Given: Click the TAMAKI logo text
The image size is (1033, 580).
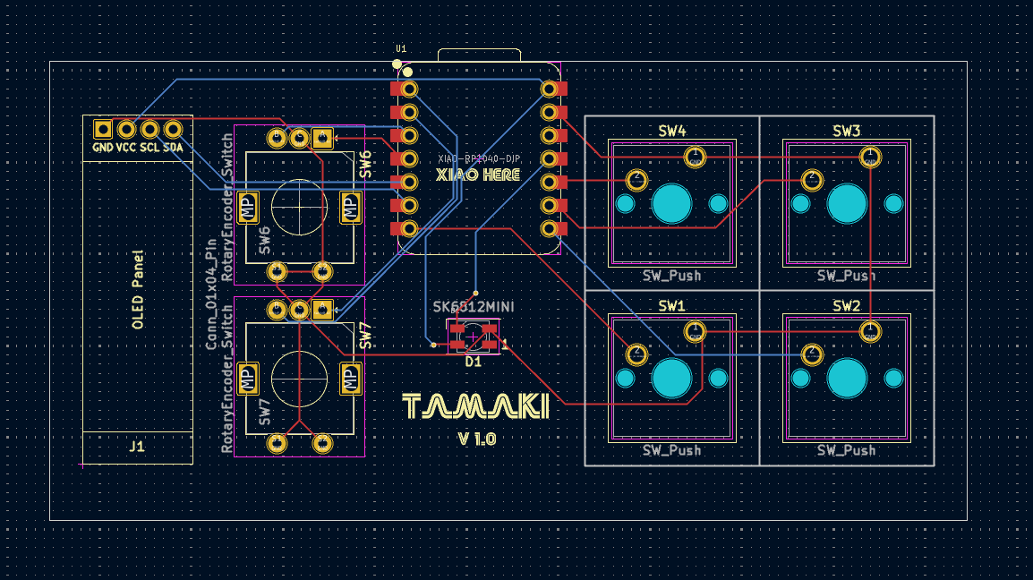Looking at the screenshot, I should (475, 407).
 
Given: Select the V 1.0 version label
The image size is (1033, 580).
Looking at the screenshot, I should (476, 439).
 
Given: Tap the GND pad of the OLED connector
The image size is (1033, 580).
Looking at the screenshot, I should (103, 129).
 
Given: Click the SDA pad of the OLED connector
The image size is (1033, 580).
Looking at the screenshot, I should (174, 129).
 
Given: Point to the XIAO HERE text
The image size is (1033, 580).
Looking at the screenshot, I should (477, 175).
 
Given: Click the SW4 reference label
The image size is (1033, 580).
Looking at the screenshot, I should (671, 132).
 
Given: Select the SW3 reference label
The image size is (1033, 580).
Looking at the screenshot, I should (846, 132).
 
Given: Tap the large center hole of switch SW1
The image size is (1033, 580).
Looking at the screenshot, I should (671, 379).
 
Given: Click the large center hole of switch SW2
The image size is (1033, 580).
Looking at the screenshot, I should (847, 379).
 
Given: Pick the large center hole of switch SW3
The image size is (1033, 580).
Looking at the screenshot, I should (847, 204).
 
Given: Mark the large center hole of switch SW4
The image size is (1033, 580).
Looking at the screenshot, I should (671, 204).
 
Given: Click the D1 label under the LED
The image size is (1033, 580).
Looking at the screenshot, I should (473, 362).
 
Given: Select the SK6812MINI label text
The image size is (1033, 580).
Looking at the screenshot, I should (474, 306).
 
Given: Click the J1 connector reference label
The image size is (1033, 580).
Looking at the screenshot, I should (137, 446).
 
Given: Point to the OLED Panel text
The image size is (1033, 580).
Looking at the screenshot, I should (138, 289).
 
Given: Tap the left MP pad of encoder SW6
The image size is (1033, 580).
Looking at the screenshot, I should (248, 207).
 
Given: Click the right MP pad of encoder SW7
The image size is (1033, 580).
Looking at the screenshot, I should (351, 379).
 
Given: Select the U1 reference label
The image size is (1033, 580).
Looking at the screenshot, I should (401, 48).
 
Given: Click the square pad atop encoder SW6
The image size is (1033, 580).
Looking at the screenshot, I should (323, 137).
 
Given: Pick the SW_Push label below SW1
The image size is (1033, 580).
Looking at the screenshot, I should (671, 449).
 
